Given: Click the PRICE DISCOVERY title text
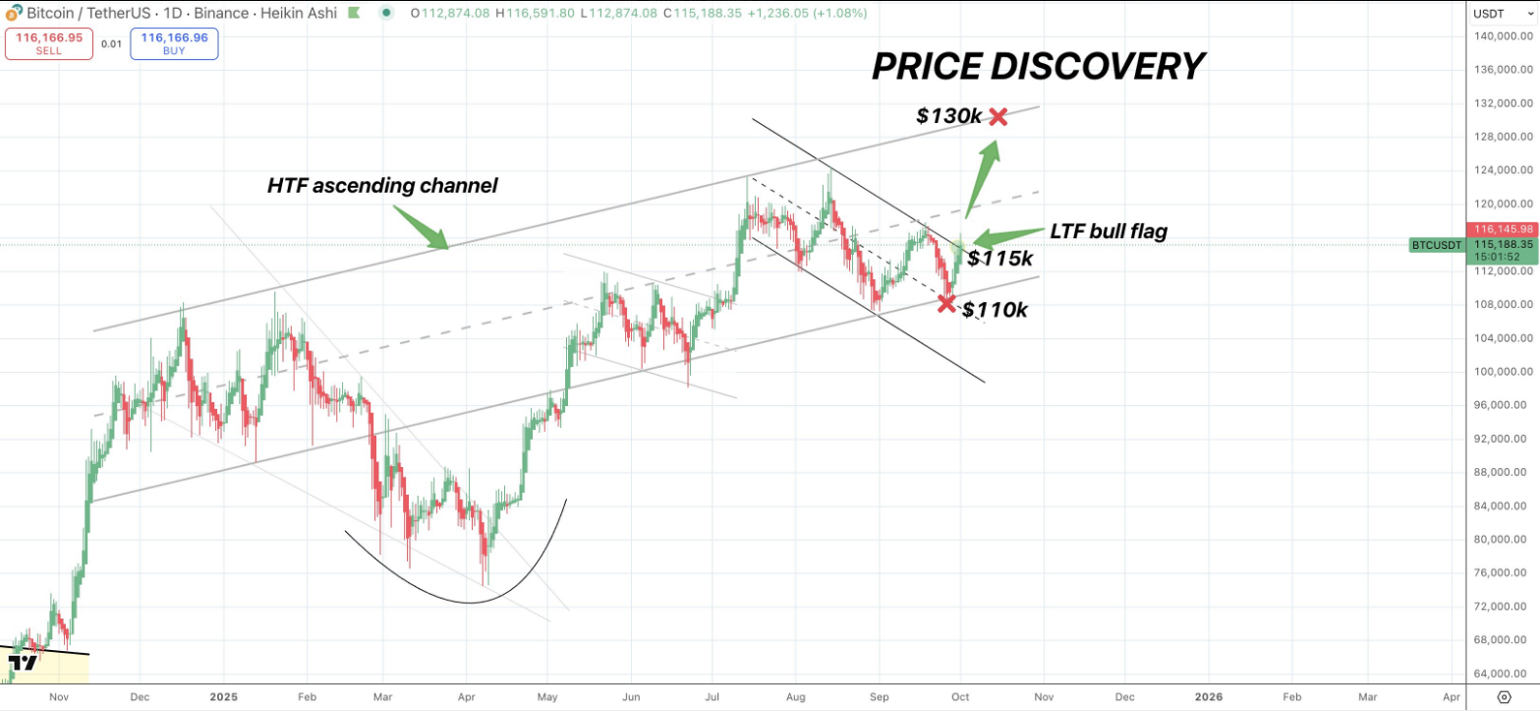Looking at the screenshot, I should [1038, 67].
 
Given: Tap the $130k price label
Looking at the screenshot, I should [948, 116].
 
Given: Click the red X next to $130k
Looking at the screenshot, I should [998, 117].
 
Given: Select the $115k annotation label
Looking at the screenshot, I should [999, 259].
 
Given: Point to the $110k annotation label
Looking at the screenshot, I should [995, 310].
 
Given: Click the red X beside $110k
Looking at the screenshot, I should [946, 303].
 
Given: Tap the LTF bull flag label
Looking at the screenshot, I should [1109, 232].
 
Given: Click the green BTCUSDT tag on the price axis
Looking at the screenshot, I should [1435, 245].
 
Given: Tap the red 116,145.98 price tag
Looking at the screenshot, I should [1498, 228].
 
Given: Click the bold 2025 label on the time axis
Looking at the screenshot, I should [223, 696].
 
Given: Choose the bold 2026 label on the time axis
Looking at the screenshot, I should [1208, 696].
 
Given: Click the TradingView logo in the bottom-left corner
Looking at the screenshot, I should [23, 663].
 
